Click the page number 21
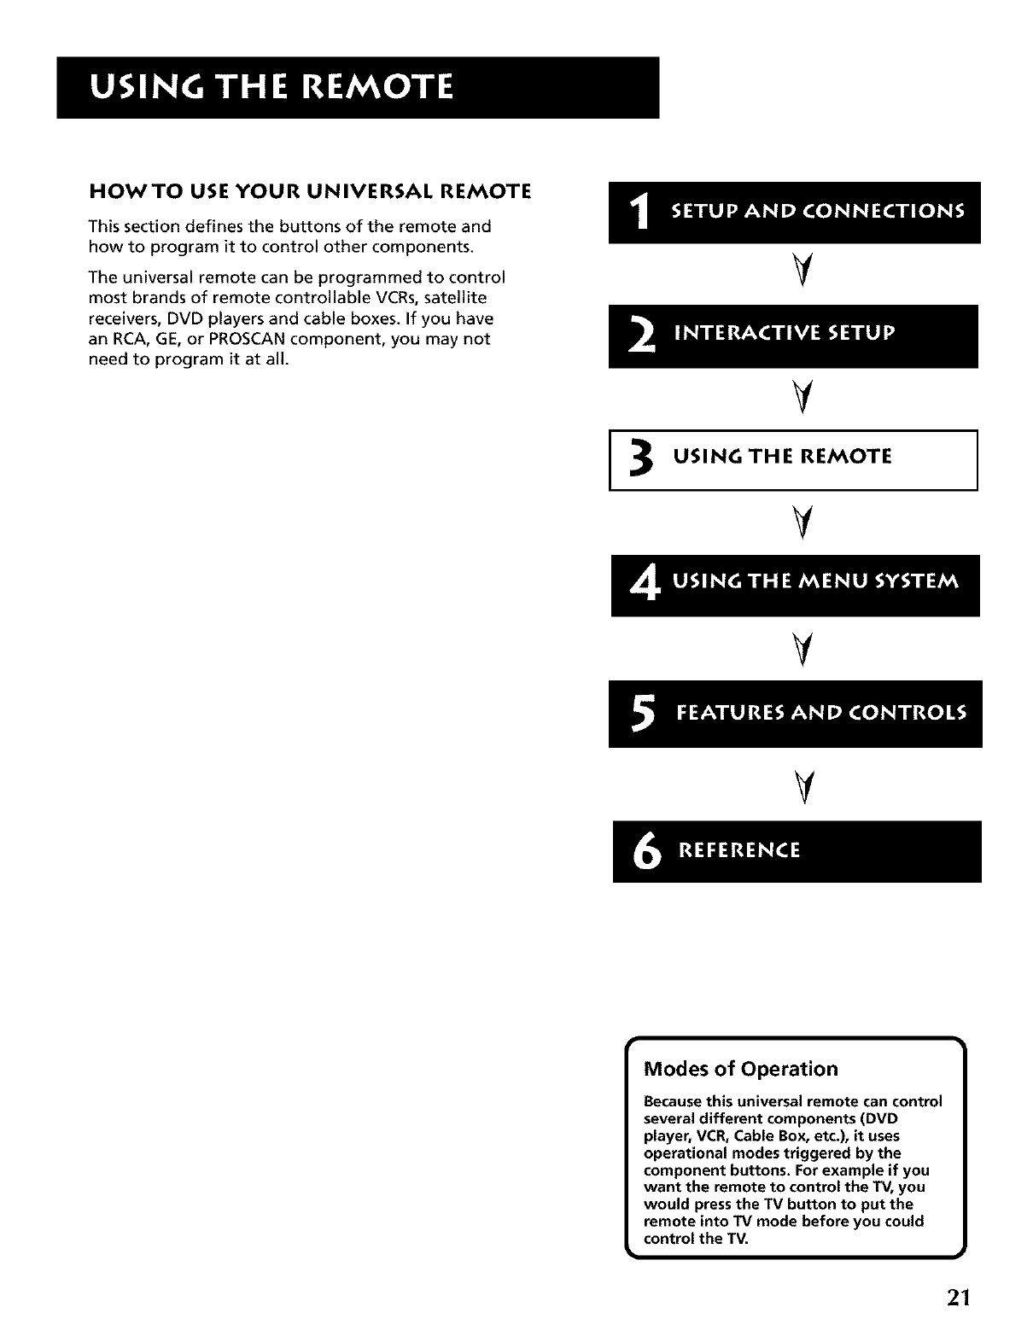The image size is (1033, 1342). (958, 1298)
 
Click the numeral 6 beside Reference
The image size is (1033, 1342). (643, 852)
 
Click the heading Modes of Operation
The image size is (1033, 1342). (741, 1069)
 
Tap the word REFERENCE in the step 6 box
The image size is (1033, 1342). (738, 851)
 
